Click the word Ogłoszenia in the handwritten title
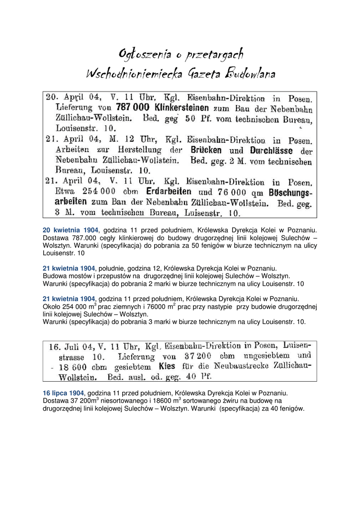pos(141,54)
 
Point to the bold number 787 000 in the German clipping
pos(133,107)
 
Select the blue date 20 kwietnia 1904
pos(71,230)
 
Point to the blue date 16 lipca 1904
pos(63,393)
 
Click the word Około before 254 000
pos(52,307)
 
